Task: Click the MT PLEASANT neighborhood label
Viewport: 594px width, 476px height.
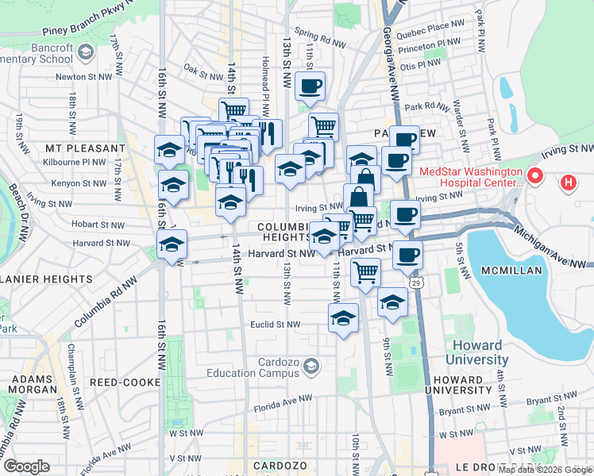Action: (x=85, y=148)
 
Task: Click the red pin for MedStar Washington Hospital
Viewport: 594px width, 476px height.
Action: (x=535, y=175)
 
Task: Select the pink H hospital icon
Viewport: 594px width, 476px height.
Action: (x=569, y=183)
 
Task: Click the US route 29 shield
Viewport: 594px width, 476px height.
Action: (x=415, y=282)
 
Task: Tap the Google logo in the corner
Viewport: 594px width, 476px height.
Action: (x=26, y=466)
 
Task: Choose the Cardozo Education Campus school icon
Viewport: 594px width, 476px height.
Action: (x=310, y=365)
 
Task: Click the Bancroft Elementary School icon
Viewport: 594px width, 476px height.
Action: (x=87, y=52)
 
